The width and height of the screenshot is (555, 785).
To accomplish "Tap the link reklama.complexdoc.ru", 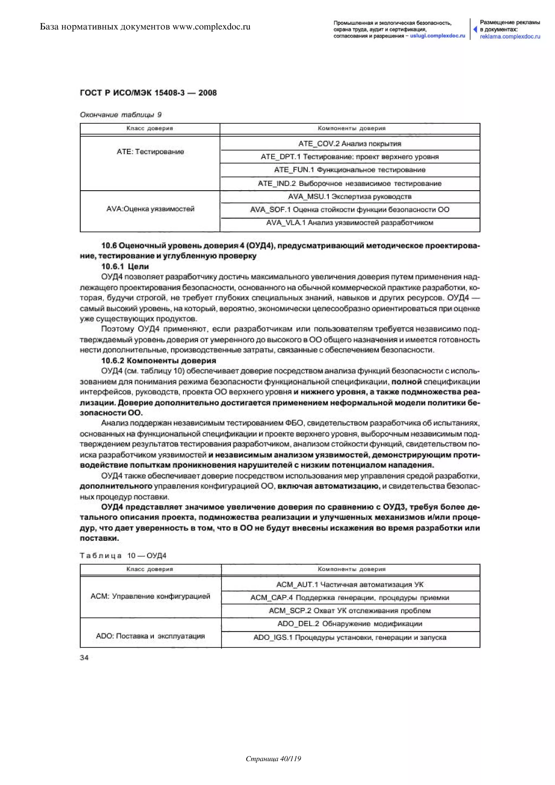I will pos(510,37).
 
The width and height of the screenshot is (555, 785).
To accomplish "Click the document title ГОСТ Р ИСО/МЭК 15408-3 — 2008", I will pos(148,93).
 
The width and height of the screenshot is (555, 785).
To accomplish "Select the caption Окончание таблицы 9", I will pos(121,115).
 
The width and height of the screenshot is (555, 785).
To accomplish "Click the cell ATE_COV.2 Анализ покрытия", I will pos(350,144).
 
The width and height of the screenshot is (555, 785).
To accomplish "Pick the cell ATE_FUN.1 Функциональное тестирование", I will pos(350,170).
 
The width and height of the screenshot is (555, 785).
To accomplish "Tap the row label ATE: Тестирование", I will pos(150,152).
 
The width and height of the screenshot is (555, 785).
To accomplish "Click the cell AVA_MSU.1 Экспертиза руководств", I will pos(350,197).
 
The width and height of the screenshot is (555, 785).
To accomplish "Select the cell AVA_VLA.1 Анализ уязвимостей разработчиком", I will pos(350,223).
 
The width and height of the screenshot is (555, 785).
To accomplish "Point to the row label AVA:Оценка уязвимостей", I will pos(150,209).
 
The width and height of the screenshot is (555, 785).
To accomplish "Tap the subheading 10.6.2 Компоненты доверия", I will pos(159,360).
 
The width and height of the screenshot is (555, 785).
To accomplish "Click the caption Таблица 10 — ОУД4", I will pos(123,556).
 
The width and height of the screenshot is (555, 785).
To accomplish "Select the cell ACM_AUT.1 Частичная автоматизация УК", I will pos(350,585).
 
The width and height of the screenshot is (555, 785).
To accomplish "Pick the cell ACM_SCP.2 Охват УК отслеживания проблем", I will pos(350,611).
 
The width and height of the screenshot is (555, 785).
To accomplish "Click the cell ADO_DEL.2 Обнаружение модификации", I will pos(350,624).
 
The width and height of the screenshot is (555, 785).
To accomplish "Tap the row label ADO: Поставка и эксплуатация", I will pos(150,636).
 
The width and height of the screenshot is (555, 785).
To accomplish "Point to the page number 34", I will pos(84,658).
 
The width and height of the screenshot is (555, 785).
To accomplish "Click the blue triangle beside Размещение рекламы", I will pos(475,29).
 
